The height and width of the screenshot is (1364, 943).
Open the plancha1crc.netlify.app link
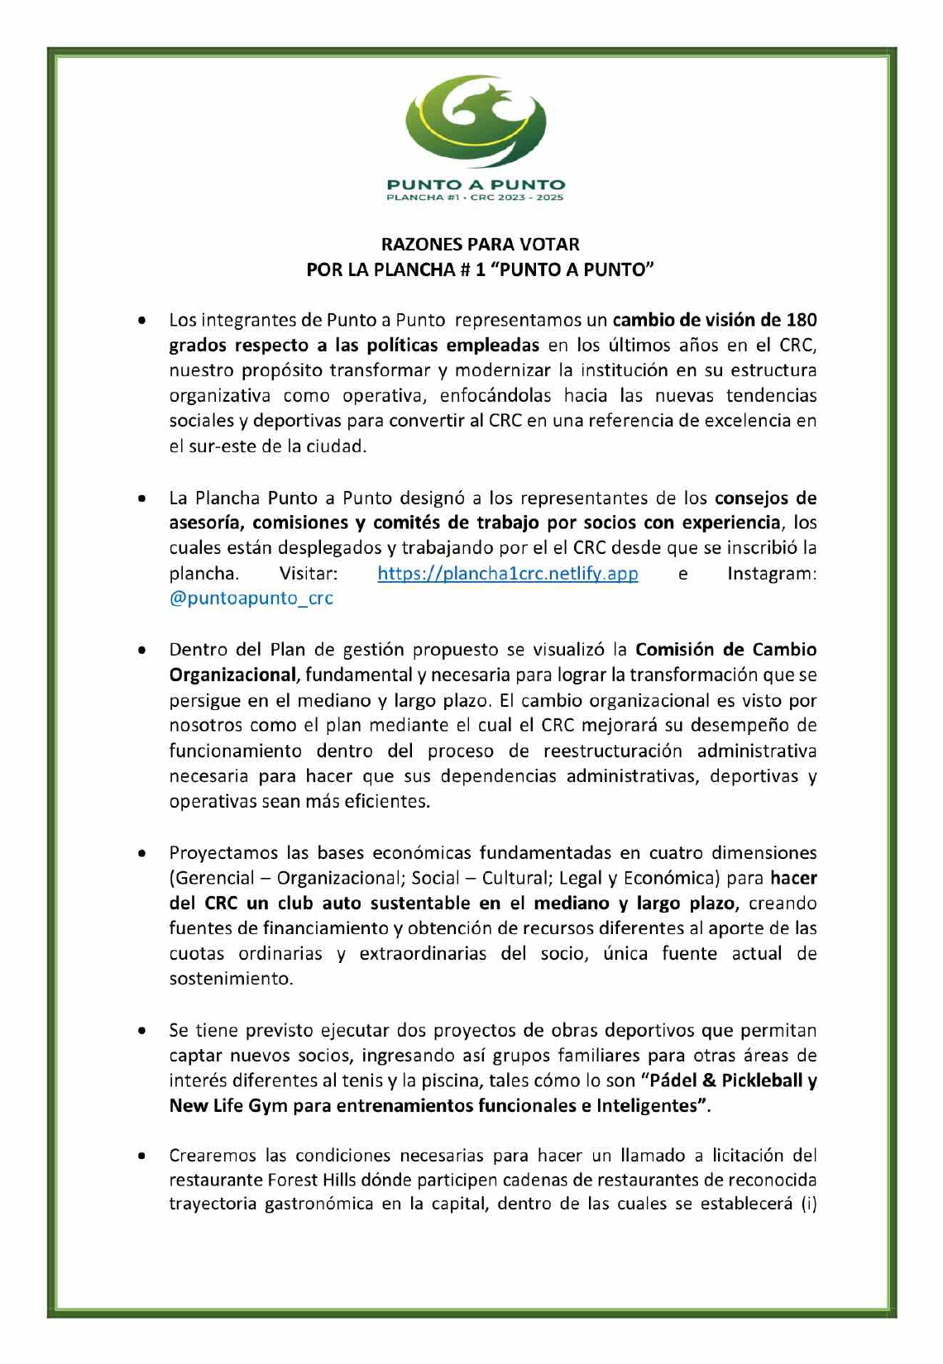(507, 573)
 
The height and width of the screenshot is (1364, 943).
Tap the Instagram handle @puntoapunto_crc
(251, 598)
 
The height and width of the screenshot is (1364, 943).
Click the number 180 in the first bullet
(801, 320)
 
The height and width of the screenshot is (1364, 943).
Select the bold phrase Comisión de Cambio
(725, 650)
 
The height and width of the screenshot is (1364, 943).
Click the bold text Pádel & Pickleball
(721, 1080)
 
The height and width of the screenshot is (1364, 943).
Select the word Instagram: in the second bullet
(772, 573)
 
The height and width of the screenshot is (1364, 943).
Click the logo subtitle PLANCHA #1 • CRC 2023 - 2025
(476, 198)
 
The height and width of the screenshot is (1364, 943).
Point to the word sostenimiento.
(231, 979)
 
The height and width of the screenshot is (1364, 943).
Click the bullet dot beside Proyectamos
(143, 853)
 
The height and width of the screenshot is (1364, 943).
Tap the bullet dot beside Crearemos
(143, 1155)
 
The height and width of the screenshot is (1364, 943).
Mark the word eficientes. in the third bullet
(389, 801)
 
